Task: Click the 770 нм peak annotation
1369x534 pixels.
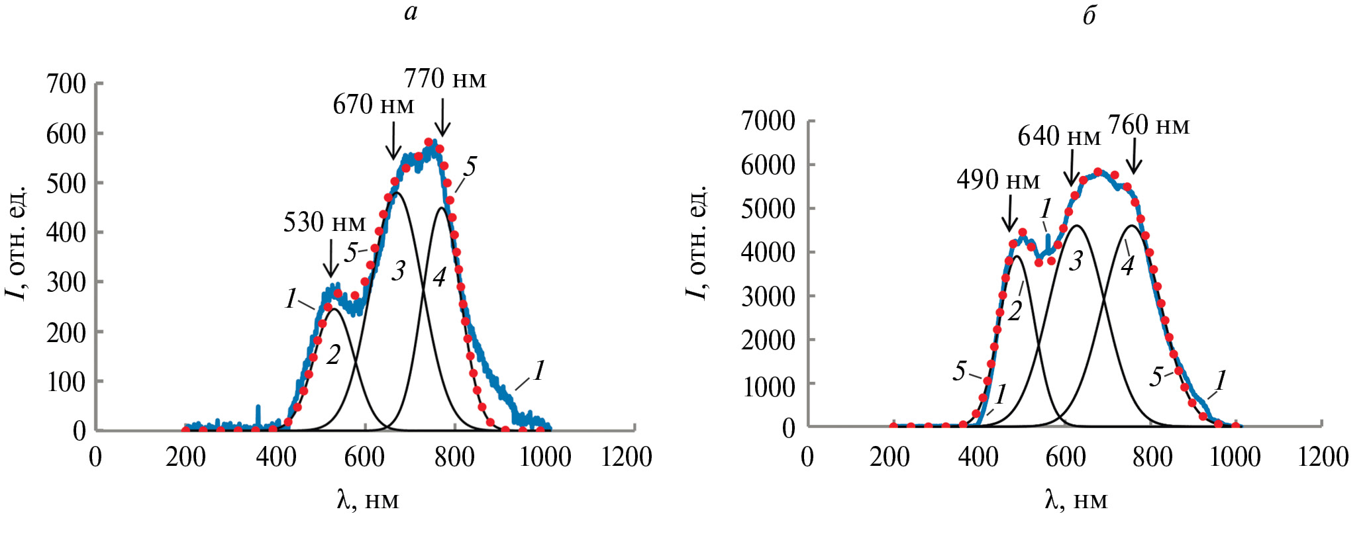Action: (445, 79)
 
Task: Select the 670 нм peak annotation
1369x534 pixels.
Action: (374, 105)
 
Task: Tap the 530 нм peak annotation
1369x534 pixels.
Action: (325, 223)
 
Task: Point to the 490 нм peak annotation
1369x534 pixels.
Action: (998, 180)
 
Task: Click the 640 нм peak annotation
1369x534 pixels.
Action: (1059, 136)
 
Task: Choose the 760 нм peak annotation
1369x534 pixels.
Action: (1149, 125)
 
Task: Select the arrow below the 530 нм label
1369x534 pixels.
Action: (330, 258)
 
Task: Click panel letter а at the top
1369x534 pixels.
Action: (411, 13)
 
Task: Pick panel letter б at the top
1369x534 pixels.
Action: (1090, 15)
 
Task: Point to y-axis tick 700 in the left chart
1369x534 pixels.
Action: (66, 84)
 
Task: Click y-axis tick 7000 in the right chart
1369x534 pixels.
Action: (768, 121)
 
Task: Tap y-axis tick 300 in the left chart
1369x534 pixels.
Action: (66, 283)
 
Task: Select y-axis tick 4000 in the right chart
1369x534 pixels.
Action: (768, 252)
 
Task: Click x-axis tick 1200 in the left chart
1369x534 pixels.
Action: (627, 457)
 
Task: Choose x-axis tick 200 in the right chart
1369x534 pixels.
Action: (891, 457)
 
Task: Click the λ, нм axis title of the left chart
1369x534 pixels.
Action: (368, 500)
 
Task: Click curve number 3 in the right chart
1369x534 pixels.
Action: (1076, 261)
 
